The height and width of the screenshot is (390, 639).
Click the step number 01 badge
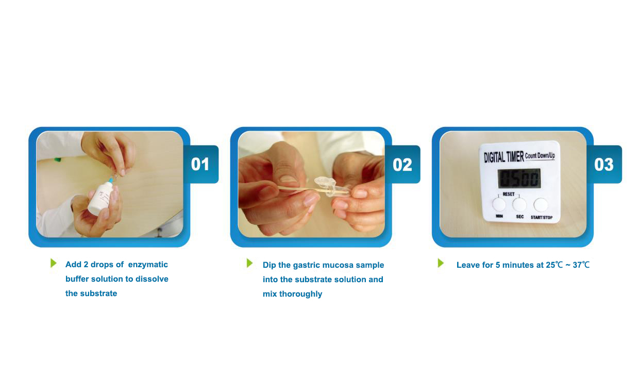tap(200, 164)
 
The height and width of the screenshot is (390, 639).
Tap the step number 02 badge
tap(402, 165)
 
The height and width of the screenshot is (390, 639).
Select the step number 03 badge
tap(604, 165)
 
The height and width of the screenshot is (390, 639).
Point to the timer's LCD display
tap(519, 178)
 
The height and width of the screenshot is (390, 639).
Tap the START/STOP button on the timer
tap(541, 204)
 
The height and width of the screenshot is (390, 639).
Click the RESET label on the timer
tap(509, 194)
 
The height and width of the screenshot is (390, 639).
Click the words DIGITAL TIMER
tap(504, 157)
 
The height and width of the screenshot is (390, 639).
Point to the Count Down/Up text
tap(540, 156)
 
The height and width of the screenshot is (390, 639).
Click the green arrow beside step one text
tap(54, 263)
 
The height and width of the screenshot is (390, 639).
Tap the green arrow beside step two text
tap(249, 263)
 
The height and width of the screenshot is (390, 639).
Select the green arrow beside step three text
tap(441, 263)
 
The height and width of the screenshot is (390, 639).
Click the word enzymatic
tap(148, 265)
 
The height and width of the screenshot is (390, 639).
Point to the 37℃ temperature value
tap(581, 265)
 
